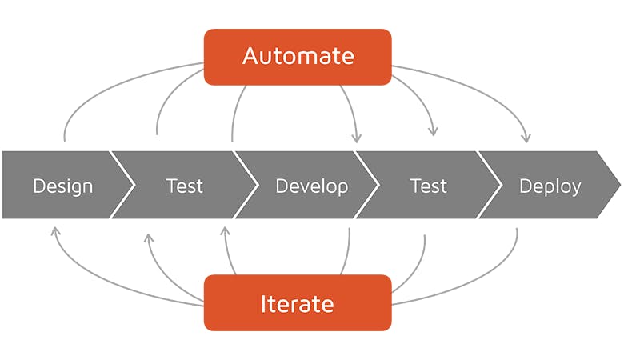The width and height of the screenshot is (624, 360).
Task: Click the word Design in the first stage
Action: tap(63, 186)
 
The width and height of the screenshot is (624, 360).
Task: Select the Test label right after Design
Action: tap(185, 186)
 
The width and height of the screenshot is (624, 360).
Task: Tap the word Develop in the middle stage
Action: tap(312, 186)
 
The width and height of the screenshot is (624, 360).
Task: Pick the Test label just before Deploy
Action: tap(428, 186)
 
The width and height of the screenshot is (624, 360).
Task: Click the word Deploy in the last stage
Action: tap(550, 186)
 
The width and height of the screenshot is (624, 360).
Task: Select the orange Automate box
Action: tap(298, 57)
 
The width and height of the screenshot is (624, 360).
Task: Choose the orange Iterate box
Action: tap(298, 302)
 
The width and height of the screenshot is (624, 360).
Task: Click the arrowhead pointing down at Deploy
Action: tap(526, 138)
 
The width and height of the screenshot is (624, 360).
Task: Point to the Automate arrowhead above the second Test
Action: tap(433, 132)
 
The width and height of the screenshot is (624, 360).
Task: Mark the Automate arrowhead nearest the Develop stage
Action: tap(357, 138)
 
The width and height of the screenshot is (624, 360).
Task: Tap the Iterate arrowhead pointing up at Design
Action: tap(56, 230)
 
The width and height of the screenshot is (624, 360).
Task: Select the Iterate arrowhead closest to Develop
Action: tap(226, 230)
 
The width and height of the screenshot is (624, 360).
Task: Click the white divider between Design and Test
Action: tap(122, 185)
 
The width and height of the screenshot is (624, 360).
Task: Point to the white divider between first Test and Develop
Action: tap(246, 185)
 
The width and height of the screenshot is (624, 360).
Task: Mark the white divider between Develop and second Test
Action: tap(366, 185)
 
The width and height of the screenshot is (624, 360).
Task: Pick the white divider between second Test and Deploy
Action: tap(490, 185)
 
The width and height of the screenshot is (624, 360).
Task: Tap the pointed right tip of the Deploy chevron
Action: tap(621, 185)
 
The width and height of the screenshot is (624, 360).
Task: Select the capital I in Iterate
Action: tap(263, 304)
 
